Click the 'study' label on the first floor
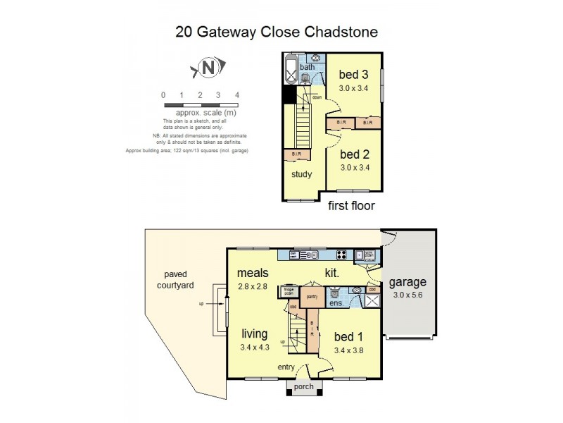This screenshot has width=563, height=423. click(x=302, y=175)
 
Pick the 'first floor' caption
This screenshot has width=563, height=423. click(x=352, y=206)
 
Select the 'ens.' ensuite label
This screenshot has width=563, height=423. click(x=336, y=304)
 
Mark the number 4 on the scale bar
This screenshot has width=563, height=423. click(x=237, y=94)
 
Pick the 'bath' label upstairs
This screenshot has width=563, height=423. click(x=308, y=68)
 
